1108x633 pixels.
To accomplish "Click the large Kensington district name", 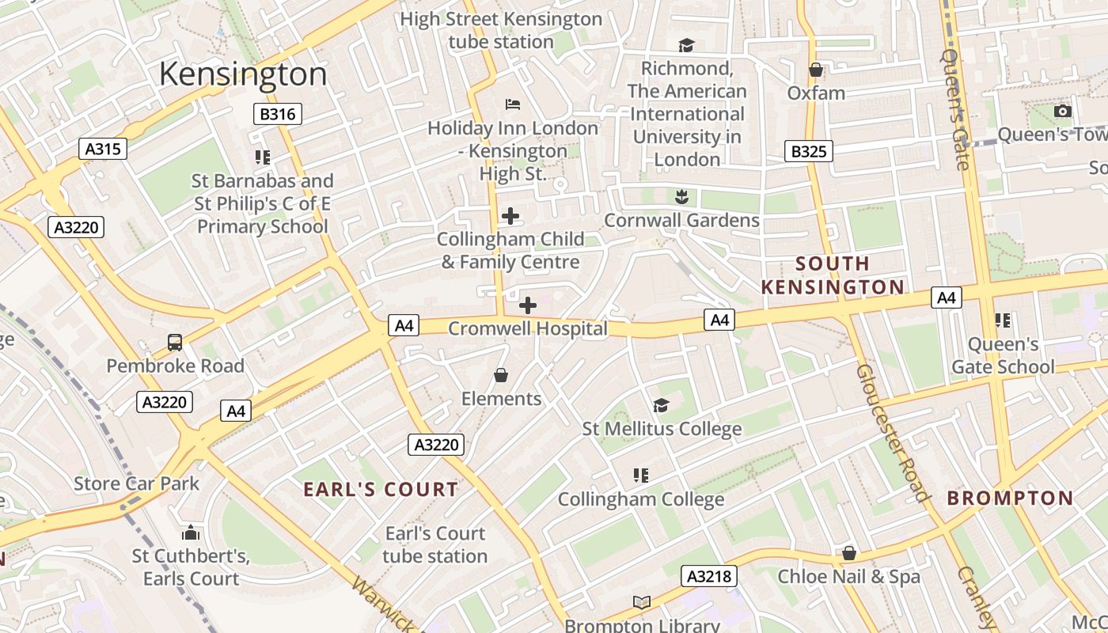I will coord(243,74).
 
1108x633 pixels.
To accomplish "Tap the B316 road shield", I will coord(278,114).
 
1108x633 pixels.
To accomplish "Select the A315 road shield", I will coord(103,148).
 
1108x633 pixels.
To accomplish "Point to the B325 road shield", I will coord(808,150).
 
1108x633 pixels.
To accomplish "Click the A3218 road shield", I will coord(710,576).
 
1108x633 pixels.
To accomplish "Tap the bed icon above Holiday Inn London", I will coord(512,104).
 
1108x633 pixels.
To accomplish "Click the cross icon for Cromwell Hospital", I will coord(527,305).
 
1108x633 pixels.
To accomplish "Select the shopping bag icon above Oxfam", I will coord(816,70).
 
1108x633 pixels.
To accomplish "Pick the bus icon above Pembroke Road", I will coord(175,343).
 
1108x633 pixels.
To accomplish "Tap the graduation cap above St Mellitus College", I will coord(661,406).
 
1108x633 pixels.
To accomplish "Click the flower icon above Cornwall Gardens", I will coord(681,196).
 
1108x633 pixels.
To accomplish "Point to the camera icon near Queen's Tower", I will coord(1063,112).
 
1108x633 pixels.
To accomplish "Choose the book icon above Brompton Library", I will coord(642,603).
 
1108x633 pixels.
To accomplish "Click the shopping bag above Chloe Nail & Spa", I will coord(849,553).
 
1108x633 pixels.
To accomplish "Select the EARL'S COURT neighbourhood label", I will coord(381,490).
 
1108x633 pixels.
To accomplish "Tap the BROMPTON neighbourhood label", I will coord(1010,498).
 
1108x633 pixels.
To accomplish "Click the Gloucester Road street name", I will coord(892,433).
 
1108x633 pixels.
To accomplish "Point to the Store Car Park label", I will coord(136,483).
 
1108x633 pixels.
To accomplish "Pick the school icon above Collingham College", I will coord(641,476).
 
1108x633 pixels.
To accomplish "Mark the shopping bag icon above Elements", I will coord(501,375).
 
